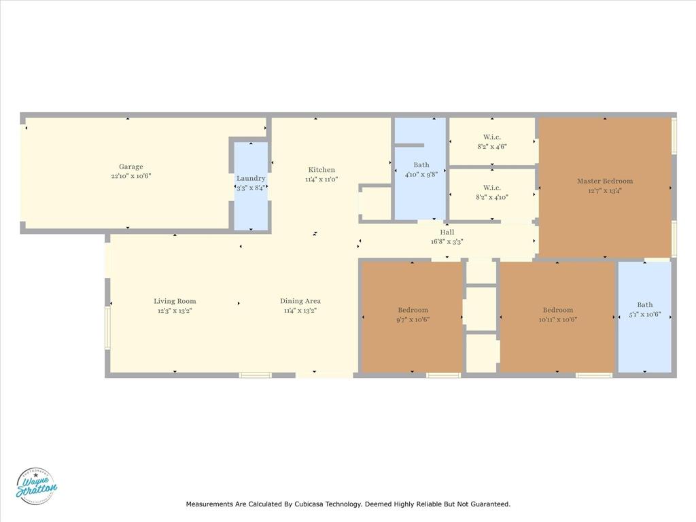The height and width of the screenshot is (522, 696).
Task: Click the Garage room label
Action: pos(131,167)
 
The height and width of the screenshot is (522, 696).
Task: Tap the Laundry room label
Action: pos(251,179)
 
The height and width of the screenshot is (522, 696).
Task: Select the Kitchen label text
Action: pos(321,170)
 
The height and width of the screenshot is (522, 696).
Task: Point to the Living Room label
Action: pos(175,301)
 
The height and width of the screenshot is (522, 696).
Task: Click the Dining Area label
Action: pos(300,301)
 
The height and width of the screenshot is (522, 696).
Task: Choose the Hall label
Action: pos(447,232)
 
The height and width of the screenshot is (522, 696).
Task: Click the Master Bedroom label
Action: pos(605,181)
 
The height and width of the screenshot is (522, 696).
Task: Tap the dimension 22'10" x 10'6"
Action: pos(131,176)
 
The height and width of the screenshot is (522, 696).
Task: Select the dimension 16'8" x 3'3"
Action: pos(447,241)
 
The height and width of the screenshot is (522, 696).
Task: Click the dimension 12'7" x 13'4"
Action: pos(605,190)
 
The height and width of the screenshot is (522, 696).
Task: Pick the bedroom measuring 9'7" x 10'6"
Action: pos(413,315)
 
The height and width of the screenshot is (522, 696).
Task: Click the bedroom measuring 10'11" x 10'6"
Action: pos(557,315)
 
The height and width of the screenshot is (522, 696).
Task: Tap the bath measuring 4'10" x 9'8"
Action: pos(421,169)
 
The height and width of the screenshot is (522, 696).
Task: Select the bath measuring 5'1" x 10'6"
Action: pos(644,310)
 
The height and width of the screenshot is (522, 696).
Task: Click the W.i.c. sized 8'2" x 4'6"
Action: pos(492,141)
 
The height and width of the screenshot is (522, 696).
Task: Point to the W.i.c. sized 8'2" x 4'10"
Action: pos(492,192)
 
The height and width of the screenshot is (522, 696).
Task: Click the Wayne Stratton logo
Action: pos(36,486)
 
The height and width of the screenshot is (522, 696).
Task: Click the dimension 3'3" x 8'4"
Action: pos(251,188)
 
